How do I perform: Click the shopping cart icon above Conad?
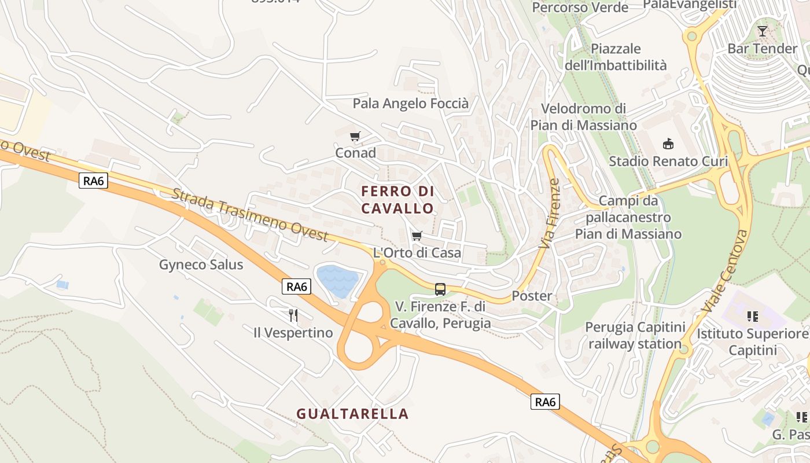355,137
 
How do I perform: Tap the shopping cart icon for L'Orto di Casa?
417,236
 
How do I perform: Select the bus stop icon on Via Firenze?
440,289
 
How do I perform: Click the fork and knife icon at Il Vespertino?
293,315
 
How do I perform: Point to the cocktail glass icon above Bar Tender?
763,31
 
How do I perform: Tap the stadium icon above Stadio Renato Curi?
668,143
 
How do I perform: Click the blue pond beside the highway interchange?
337,280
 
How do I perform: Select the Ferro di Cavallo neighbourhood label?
397,199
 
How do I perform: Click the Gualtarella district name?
352,414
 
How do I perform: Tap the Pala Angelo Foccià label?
411,104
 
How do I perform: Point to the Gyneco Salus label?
201,265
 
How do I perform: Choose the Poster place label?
532,296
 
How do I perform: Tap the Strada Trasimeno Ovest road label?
250,215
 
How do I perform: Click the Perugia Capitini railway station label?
635,336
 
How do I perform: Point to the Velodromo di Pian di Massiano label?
584,117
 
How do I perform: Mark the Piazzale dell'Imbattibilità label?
616,57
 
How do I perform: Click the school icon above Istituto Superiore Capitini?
752,316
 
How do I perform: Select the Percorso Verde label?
580,8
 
